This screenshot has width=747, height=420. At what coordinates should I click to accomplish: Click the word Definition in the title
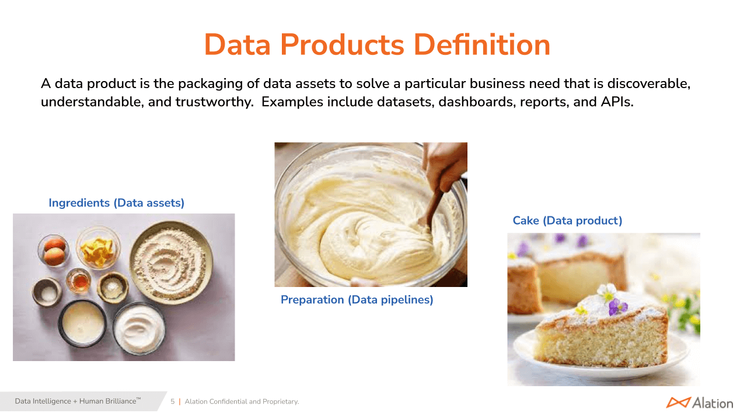tap(482, 45)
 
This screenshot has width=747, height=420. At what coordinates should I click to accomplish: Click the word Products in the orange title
tap(342, 45)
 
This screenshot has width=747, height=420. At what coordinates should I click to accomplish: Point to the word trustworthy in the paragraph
tap(214, 102)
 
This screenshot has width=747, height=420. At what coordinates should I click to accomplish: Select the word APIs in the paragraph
tap(617, 101)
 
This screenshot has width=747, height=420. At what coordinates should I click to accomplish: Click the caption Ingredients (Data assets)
tap(116, 202)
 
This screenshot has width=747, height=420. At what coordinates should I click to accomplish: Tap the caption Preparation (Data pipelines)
tap(357, 300)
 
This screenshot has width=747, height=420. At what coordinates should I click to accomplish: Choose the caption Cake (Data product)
tap(567, 220)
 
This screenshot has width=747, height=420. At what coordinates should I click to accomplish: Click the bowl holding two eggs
tap(53, 251)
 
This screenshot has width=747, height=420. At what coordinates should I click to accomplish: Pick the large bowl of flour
tap(171, 262)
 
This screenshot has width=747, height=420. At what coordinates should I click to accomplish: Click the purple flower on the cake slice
tap(617, 307)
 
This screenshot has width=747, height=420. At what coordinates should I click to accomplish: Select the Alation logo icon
tap(678, 402)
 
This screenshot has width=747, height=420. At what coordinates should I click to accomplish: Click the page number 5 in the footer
tap(172, 401)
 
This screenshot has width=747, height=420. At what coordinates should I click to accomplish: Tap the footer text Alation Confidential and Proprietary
tap(242, 402)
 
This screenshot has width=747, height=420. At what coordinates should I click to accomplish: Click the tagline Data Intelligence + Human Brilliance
tap(78, 401)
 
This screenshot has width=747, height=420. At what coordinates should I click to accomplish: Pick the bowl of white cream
tap(139, 328)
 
